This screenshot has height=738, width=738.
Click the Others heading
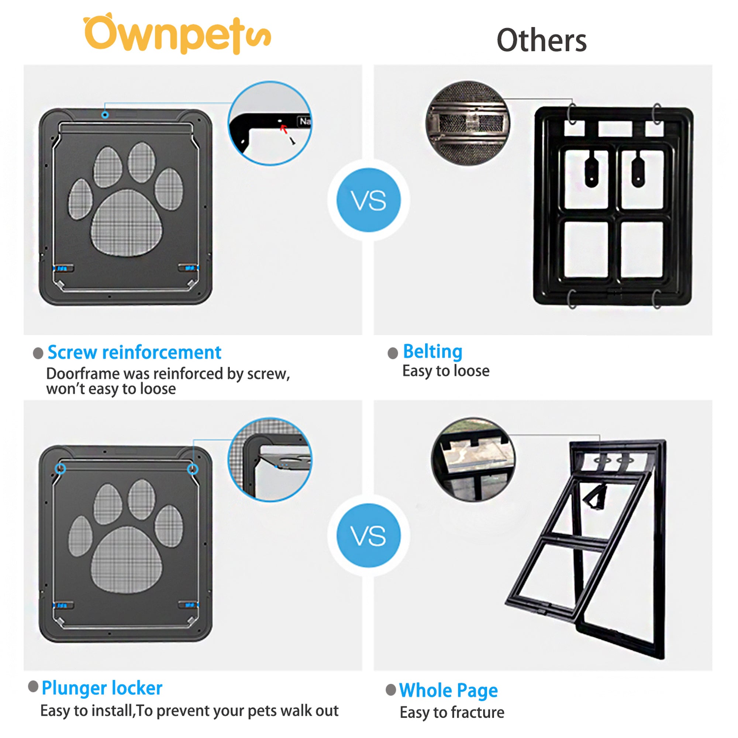click(541, 41)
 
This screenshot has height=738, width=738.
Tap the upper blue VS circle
click(368, 200)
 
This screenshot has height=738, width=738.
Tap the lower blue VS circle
click(368, 535)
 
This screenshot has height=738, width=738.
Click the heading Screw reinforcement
click(134, 352)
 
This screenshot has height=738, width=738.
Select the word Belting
click(432, 351)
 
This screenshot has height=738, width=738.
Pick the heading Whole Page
click(448, 690)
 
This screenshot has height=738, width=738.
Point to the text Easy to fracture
click(452, 713)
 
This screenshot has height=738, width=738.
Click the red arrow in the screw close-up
click(283, 128)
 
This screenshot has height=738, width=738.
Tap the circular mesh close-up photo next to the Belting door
click(468, 123)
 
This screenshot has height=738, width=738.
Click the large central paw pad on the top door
click(127, 223)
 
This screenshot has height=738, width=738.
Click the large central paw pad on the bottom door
click(127, 559)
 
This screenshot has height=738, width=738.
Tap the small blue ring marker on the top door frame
click(105, 115)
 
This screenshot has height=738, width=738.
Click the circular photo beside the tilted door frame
click(473, 459)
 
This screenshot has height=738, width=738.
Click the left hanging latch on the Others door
click(591, 169)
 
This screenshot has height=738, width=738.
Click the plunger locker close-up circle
click(270, 459)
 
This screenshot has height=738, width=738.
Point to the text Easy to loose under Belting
click(445, 371)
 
